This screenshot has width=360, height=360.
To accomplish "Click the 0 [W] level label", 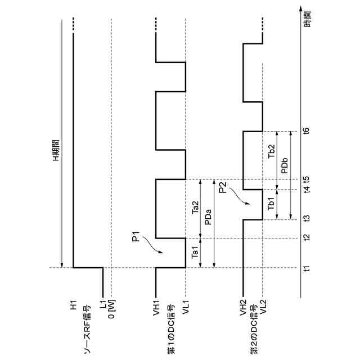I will (x=111, y=311).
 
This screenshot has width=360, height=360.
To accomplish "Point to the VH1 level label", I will (x=155, y=309).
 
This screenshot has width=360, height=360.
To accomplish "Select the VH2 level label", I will (x=242, y=309).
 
